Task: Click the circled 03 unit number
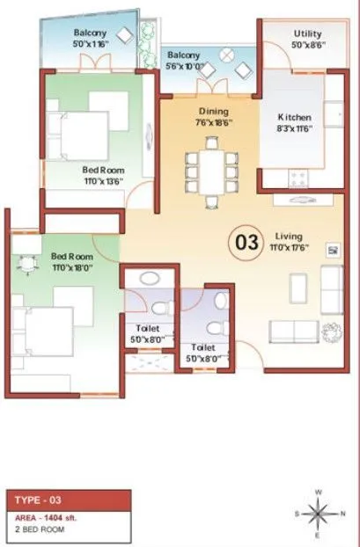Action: coord(247,241)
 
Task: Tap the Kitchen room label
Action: coord(294,117)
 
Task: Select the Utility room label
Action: coord(307,34)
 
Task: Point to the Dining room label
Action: coord(213,112)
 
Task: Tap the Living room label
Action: coord(288,236)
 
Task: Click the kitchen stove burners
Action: coord(299,179)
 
